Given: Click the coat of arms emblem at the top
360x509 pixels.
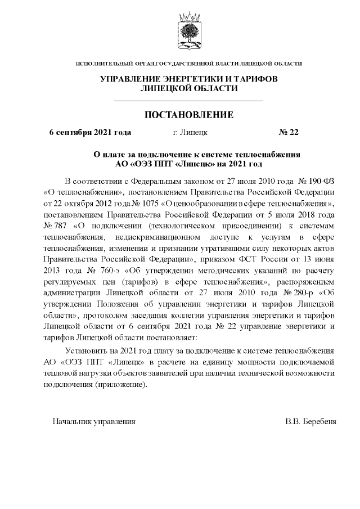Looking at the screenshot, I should pos(188,33).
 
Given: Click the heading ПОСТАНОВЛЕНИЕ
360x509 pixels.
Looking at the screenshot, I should pos(189,115).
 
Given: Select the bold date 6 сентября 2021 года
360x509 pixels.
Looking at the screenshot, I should pos(91,133).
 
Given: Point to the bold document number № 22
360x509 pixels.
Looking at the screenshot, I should pos(289,133).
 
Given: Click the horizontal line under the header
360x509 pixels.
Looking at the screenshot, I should pos(189,101).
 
